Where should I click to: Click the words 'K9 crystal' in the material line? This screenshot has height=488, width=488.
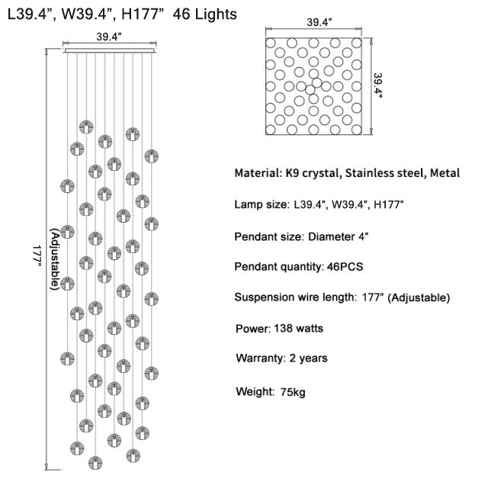click(311, 174)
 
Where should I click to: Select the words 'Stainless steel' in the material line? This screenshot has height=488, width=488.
click(385, 174)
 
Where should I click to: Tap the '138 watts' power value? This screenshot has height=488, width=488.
click(297, 329)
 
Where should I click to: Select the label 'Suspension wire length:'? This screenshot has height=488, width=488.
click(294, 297)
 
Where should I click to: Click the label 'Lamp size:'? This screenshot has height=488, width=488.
click(261, 205)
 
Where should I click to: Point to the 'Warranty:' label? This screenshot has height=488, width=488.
click(260, 357)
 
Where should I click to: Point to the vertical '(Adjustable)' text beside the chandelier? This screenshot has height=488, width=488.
click(54, 259)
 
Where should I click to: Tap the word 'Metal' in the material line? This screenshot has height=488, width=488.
click(445, 174)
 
